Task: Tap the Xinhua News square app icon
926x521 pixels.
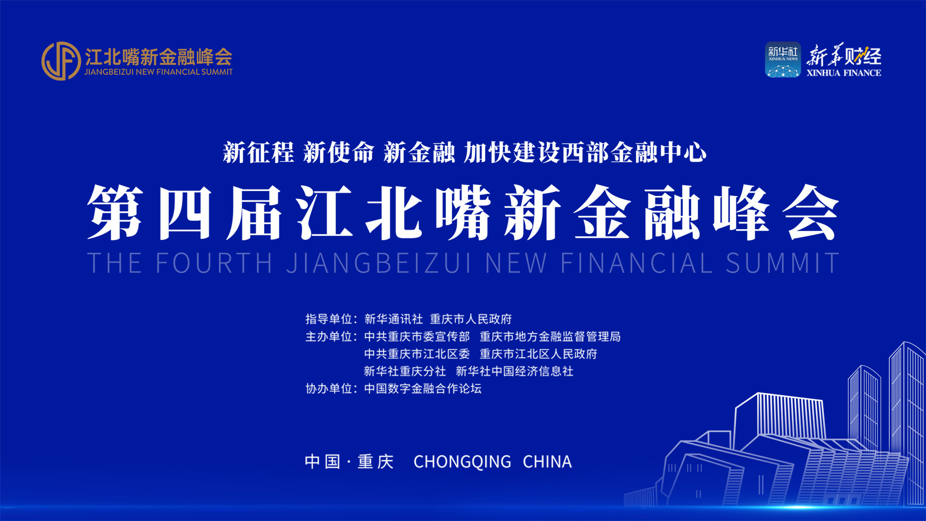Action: tap(782, 60)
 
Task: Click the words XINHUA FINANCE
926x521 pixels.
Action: tap(844, 73)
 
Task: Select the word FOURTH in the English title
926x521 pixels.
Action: tap(214, 263)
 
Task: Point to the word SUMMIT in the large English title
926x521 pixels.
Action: tap(782, 263)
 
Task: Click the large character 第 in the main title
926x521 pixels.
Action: tap(115, 212)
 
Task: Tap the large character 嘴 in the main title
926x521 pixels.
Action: tap(463, 212)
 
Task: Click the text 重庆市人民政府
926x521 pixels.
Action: tap(471, 319)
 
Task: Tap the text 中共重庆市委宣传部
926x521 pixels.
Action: tap(417, 336)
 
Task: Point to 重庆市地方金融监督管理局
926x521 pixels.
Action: tap(550, 336)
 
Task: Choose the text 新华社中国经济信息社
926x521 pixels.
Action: tap(515, 371)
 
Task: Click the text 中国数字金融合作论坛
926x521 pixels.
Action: tap(423, 388)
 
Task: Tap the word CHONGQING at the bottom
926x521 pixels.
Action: tap(462, 462)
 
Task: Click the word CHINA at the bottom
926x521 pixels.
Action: tap(547, 462)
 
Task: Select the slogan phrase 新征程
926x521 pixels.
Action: tap(259, 152)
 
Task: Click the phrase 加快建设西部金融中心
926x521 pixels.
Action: tap(585, 152)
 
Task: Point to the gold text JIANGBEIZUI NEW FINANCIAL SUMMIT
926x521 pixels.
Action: tap(158, 72)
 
